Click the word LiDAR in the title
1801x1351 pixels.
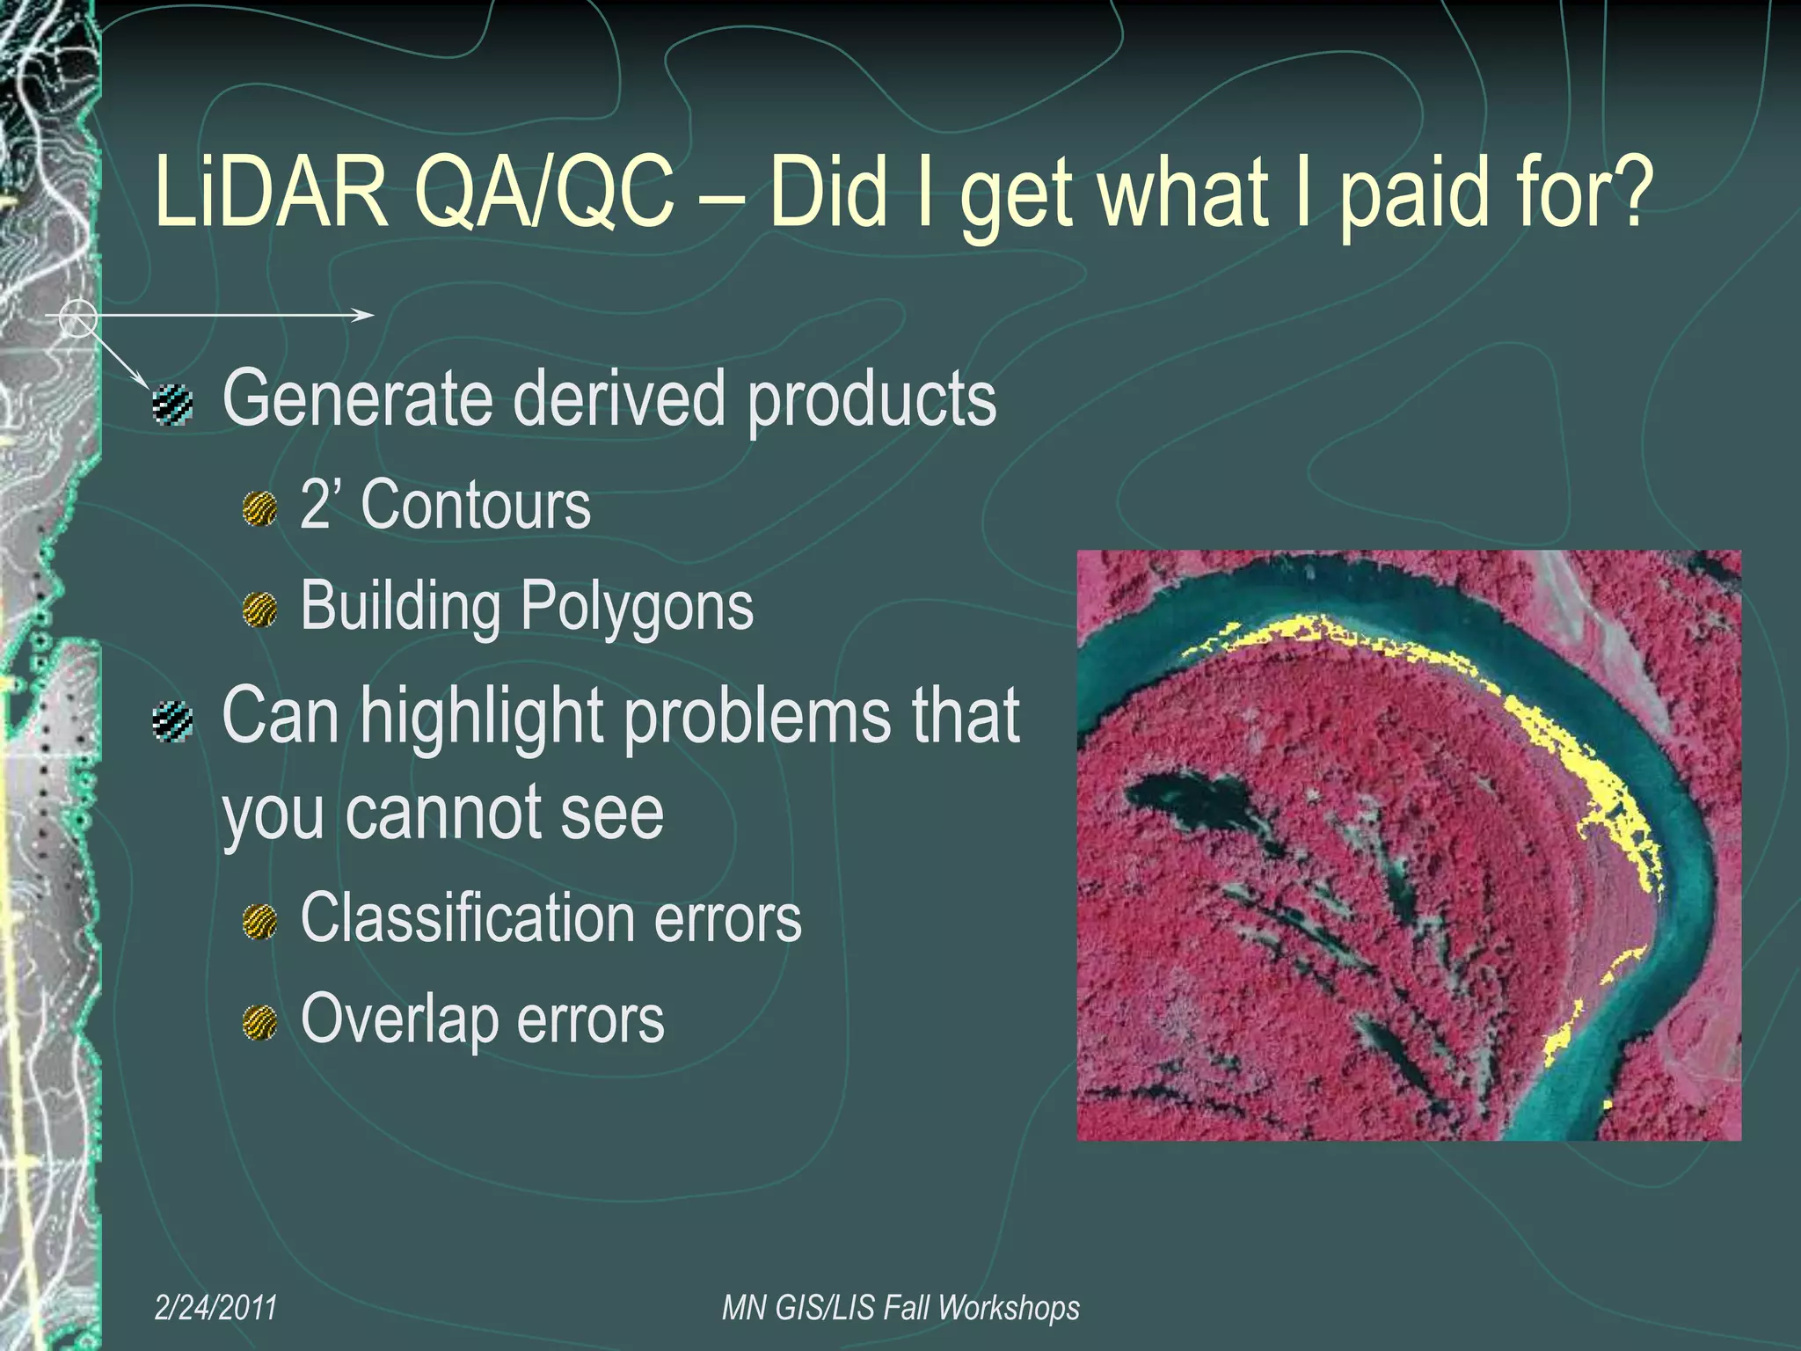[271, 191]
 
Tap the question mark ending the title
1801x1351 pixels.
[1630, 191]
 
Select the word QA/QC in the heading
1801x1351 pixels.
[544, 191]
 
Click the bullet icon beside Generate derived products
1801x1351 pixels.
[172, 405]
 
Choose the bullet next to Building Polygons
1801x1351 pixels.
[260, 610]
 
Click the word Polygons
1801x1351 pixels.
[637, 607]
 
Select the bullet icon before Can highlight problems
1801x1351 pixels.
[172, 722]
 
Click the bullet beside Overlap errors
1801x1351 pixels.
[260, 1024]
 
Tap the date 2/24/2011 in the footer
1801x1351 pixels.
[215, 1308]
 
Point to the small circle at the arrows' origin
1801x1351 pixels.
[77, 318]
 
